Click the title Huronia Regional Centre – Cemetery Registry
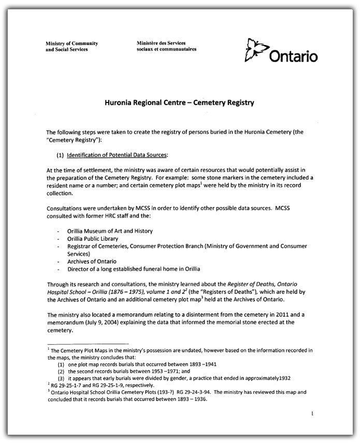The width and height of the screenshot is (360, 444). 179,102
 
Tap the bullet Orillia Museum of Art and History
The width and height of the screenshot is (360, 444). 110,230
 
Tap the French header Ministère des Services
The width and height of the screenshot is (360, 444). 161,43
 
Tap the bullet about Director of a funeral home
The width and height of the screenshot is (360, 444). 134,269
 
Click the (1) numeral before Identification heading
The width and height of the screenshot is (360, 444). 59,155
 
